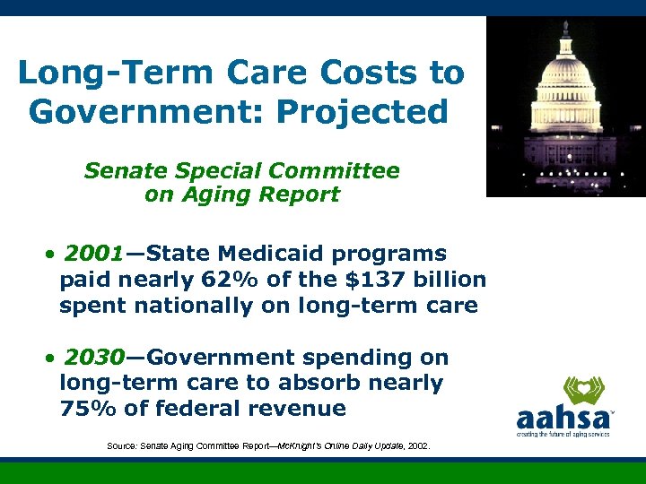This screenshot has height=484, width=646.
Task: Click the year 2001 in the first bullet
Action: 94,254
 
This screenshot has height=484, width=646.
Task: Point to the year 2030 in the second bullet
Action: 94,358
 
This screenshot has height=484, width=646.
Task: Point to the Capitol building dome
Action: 565,81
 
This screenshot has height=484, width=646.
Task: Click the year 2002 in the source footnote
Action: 418,445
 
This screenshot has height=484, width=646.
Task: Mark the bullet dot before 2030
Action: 53,359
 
